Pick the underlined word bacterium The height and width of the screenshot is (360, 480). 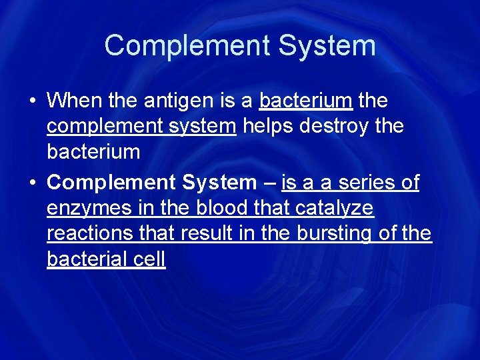pos(305,101)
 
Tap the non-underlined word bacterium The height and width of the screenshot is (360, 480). pos(93,151)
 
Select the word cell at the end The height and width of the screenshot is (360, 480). pos(149,259)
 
